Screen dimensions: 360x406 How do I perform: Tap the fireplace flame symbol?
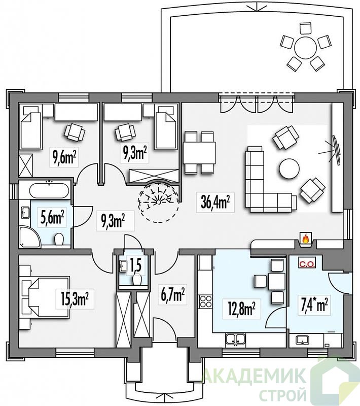tap(305, 239)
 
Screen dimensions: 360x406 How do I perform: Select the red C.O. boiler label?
tap(307, 264)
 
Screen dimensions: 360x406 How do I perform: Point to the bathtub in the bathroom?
tap(49, 191)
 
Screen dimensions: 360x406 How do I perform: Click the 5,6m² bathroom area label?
tap(52, 218)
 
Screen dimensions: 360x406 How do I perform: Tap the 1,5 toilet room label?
tap(135, 265)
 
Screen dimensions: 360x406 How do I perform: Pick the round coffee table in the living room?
tap(289, 169)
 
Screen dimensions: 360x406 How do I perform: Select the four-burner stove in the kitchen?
tap(205, 301)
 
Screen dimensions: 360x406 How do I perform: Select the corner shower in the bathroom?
tap(29, 236)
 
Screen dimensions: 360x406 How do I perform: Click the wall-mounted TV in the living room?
tap(337, 150)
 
